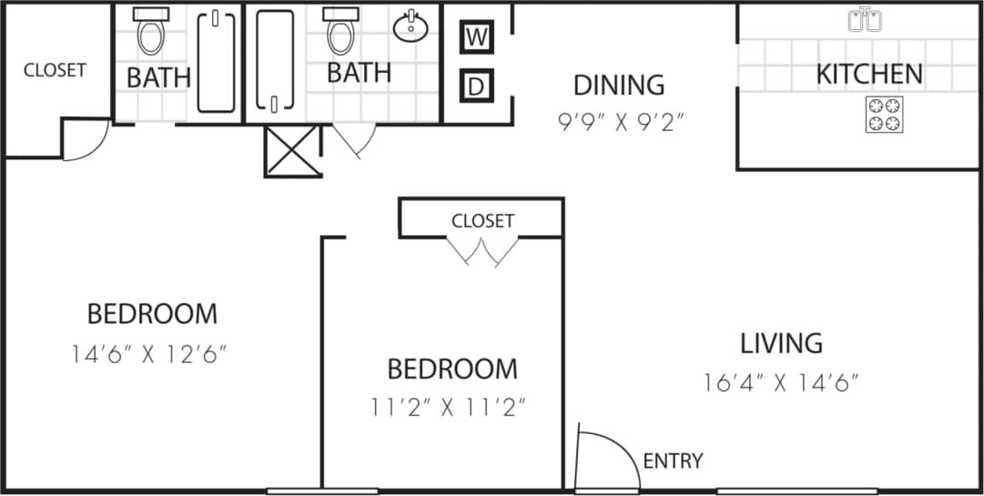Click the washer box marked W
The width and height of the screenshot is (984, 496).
click(475, 37)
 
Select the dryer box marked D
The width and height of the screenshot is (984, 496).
click(475, 86)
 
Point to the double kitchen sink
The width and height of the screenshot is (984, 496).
click(864, 19)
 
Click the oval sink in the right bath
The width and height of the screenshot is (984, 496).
click(411, 26)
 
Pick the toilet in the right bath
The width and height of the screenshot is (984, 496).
click(340, 32)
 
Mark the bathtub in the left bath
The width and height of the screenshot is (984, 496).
click(216, 61)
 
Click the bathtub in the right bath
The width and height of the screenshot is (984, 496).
click(274, 61)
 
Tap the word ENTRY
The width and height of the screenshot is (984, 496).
click(673, 461)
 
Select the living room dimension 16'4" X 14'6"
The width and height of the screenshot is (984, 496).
click(781, 382)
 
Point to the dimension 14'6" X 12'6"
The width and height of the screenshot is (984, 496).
click(148, 353)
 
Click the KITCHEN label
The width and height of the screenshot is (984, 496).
click(868, 74)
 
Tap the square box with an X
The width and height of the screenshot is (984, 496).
click(291, 151)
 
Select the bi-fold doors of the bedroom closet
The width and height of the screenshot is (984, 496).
click(481, 251)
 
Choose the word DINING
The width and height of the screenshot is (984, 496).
click(618, 85)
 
